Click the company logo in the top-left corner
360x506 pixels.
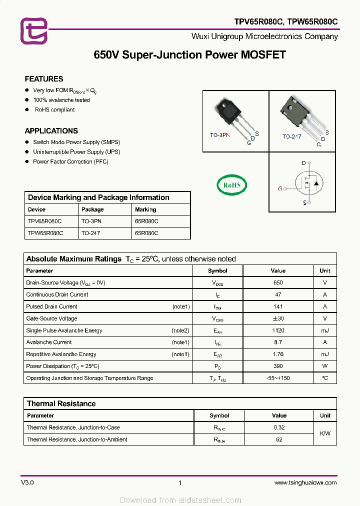(34, 31)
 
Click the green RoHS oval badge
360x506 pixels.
(231, 185)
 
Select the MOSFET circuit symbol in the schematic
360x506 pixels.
(309, 183)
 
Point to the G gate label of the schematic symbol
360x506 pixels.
(280, 188)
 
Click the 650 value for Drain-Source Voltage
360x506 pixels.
(278, 282)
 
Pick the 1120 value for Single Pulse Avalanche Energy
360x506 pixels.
(278, 330)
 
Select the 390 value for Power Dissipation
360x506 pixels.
(278, 366)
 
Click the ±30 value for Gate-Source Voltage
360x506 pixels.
(278, 318)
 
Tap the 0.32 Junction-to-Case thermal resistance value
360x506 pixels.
(279, 427)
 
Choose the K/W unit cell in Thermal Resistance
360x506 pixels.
(325, 433)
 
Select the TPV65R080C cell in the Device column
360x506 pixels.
(45, 221)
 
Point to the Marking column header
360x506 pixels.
(145, 209)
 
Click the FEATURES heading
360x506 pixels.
(44, 79)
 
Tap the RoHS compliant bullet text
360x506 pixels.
(54, 109)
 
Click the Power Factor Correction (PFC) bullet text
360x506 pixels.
(70, 161)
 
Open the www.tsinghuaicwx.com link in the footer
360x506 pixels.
(305, 482)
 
